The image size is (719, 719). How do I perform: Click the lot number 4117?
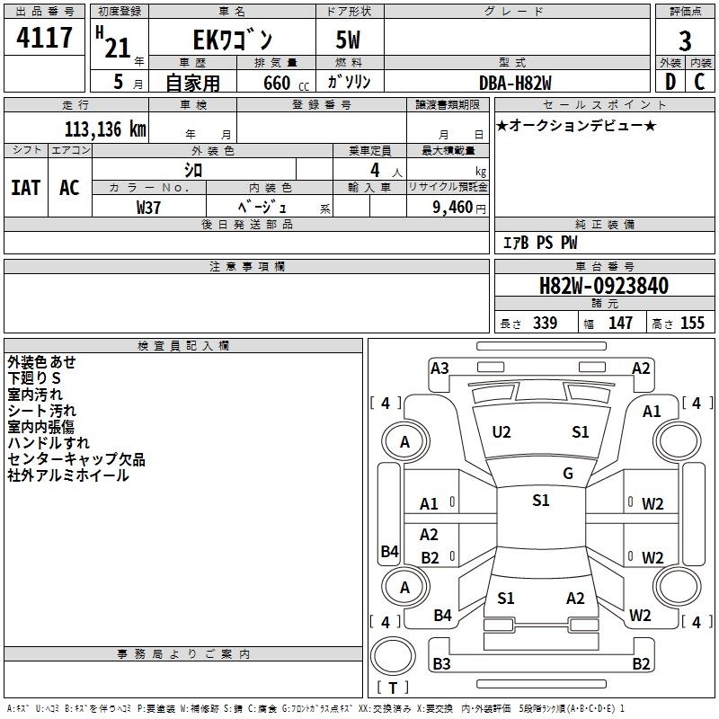pyautogui.click(x=44, y=37)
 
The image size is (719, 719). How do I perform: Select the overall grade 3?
pyautogui.click(x=685, y=40)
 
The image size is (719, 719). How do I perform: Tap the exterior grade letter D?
pyautogui.click(x=670, y=82)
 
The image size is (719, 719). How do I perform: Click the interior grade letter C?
pyautogui.click(x=699, y=82)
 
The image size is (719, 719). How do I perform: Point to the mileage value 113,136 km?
pyautogui.click(x=105, y=129)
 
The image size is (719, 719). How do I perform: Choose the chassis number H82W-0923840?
pyautogui.click(x=604, y=286)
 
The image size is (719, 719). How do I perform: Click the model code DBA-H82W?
pyautogui.click(x=515, y=83)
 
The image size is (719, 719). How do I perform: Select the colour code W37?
pyautogui.click(x=148, y=208)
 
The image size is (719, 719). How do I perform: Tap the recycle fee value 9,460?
pyautogui.click(x=453, y=208)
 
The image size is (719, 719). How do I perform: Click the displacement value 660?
pyautogui.click(x=277, y=83)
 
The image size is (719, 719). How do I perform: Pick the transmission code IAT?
pyautogui.click(x=26, y=188)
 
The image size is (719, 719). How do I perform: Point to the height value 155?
pyautogui.click(x=692, y=323)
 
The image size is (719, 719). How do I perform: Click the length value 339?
pyautogui.click(x=546, y=323)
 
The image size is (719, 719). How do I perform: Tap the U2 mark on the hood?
pyautogui.click(x=502, y=432)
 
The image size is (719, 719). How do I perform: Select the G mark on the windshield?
pyautogui.click(x=568, y=474)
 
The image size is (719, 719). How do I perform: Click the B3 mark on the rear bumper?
pyautogui.click(x=441, y=663)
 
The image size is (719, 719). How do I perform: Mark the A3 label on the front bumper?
pyautogui.click(x=439, y=368)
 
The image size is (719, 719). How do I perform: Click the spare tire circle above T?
pyautogui.click(x=393, y=655)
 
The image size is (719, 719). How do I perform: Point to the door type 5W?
pyautogui.click(x=348, y=40)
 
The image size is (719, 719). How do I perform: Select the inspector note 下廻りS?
pyautogui.click(x=34, y=377)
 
